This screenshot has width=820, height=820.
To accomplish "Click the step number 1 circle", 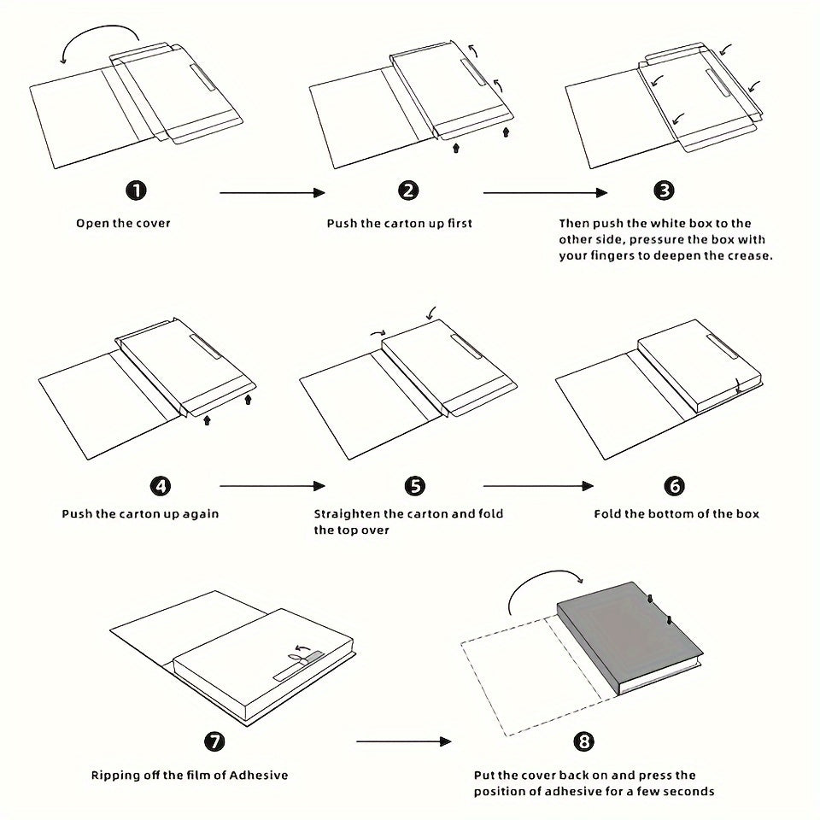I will click(136, 190).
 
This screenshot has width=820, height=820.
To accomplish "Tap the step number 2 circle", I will click(408, 190).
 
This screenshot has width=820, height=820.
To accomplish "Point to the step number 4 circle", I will click(160, 486).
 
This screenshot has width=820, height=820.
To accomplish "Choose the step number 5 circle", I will click(414, 486).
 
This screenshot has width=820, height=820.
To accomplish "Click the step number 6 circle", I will click(674, 486).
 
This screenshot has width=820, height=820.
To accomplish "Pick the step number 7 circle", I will click(214, 741).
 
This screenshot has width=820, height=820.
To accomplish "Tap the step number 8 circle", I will click(584, 741).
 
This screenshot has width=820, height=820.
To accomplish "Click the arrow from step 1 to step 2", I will click(272, 193).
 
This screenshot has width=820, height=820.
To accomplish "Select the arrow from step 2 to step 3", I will click(542, 193).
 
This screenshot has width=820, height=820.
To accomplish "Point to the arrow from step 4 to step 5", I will click(272, 486).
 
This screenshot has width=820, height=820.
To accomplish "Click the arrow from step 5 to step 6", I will click(538, 486).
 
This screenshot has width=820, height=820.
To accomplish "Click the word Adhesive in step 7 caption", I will click(256, 776).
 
